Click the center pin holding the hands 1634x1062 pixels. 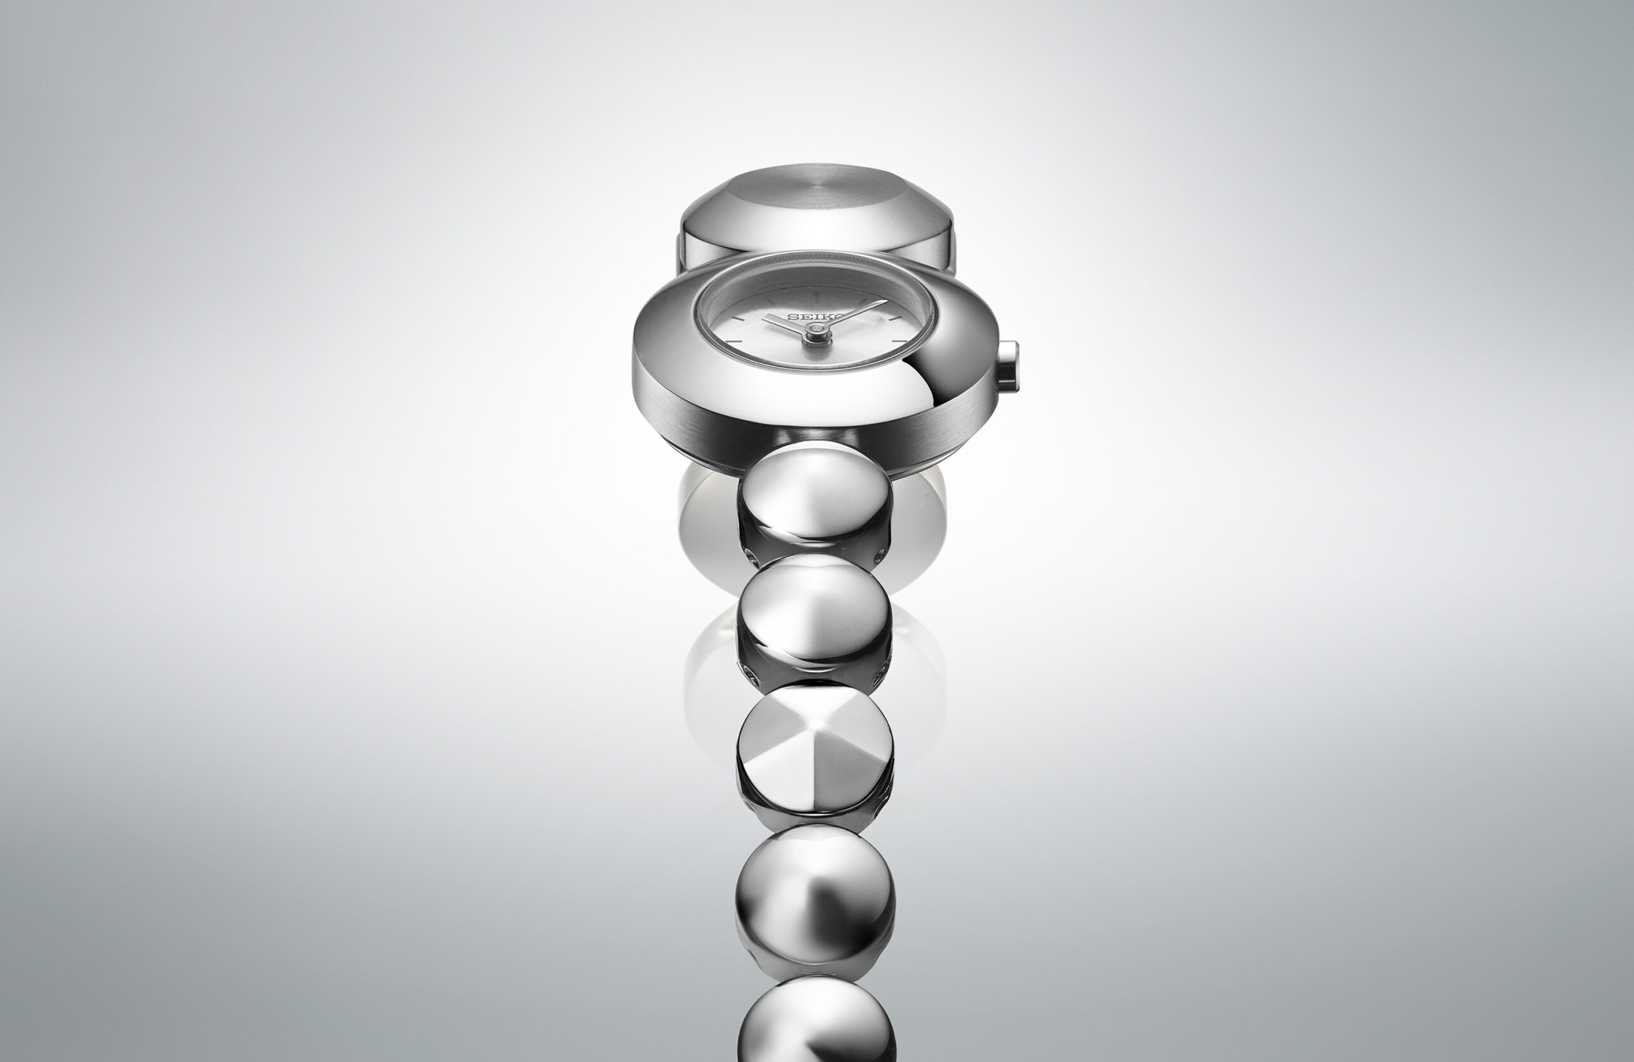click(815, 333)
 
